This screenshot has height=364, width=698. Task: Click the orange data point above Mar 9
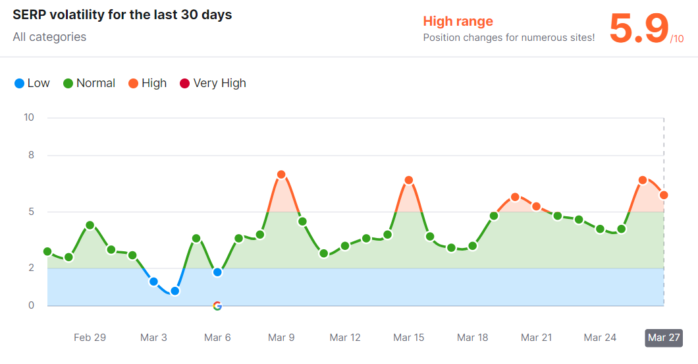281,175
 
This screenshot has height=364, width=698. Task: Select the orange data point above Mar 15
409,180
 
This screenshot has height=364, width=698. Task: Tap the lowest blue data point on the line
175,291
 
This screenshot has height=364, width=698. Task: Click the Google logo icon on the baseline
217,306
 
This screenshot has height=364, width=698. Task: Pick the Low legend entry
32,83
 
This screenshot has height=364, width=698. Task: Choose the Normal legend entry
89,83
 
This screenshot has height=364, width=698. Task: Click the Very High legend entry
213,83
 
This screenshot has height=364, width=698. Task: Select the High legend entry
148,83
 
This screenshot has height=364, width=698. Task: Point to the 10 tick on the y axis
29,117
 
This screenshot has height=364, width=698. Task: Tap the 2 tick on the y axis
31,268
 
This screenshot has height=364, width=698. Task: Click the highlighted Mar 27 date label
664,338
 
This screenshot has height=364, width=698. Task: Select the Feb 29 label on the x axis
90,338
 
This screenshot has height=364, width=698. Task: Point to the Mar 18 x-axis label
473,338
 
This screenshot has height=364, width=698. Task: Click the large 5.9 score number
639,29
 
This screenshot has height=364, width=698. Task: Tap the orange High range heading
458,22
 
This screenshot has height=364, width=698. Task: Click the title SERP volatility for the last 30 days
122,15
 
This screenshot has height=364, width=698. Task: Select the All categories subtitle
49,37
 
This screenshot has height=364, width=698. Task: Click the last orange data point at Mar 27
664,195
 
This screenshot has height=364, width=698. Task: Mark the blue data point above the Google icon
217,272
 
